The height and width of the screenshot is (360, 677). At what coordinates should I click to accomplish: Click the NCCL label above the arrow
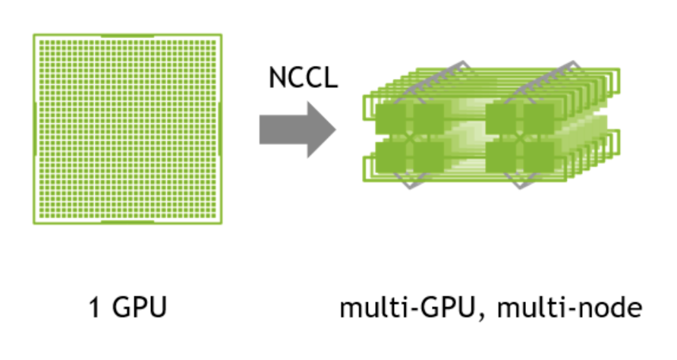[x=303, y=77]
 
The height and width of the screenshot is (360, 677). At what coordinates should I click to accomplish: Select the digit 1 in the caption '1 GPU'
[x=94, y=310]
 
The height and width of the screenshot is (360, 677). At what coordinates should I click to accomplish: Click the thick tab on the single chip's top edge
[x=128, y=35]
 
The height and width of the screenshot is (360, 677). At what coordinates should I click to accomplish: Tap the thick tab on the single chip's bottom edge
[x=128, y=223]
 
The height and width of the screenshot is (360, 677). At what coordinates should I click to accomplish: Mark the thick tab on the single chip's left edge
[x=34, y=129]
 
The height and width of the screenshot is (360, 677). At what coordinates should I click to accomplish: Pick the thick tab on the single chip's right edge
[x=221, y=129]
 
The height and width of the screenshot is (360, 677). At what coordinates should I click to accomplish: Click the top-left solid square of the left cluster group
[x=391, y=119]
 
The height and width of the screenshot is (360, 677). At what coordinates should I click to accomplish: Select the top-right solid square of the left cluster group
[x=427, y=119]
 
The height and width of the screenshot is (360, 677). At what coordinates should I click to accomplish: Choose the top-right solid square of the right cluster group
[x=537, y=119]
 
